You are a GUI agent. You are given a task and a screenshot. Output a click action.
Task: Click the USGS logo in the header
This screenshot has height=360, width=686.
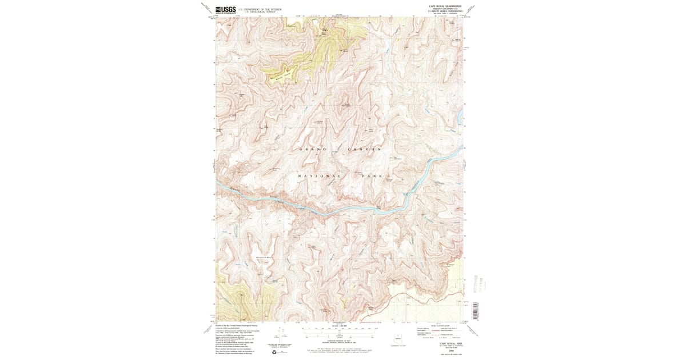pyautogui.click(x=225, y=9)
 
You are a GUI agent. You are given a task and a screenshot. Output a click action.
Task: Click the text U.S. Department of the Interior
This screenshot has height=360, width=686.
pyautogui.click(x=260, y=9)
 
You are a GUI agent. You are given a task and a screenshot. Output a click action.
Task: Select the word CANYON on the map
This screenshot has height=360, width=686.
pyautogui.click(x=363, y=149)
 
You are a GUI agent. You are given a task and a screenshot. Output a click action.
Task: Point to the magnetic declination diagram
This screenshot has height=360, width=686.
pyautogui.click(x=280, y=334)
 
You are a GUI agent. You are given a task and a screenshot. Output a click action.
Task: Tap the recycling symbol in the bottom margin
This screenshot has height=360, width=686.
pyautogui.click(x=280, y=352)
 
